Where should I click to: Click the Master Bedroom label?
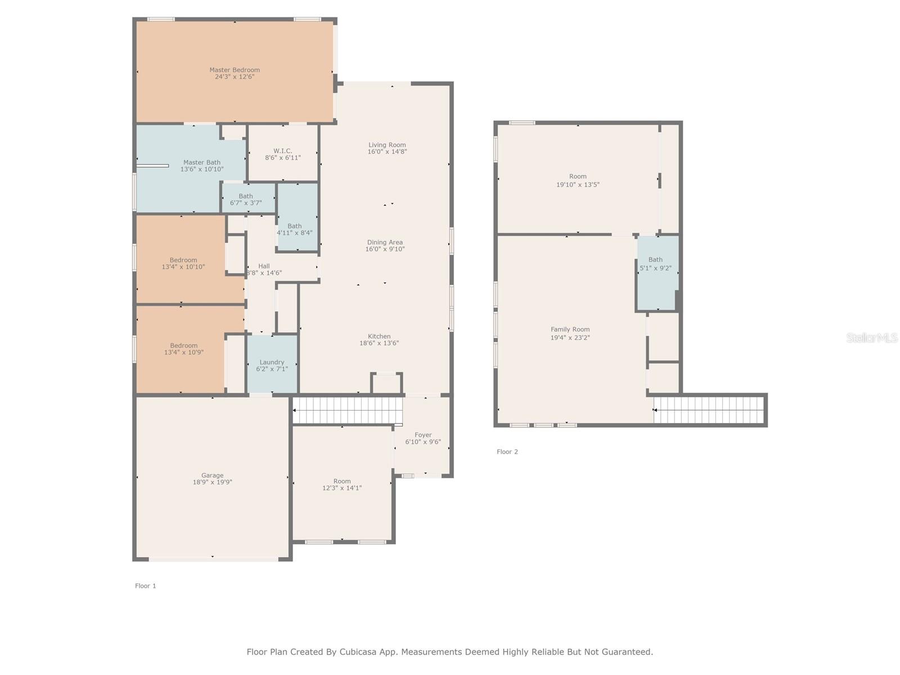(235, 70)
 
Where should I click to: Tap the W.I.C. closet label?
(282, 151)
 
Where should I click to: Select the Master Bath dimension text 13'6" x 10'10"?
(202, 169)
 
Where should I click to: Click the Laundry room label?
(272, 362)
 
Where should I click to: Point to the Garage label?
(213, 475)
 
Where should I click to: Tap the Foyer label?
(423, 435)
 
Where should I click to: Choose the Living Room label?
(387, 145)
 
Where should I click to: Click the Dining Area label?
(385, 242)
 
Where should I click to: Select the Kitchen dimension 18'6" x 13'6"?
(379, 343)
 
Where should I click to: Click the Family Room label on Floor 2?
(570, 329)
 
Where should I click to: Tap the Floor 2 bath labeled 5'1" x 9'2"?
(656, 264)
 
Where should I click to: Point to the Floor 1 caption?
(146, 586)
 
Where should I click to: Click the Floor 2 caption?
(507, 452)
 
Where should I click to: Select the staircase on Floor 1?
(347, 410)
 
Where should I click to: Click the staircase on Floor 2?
(709, 410)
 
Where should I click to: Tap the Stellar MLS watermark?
(872, 337)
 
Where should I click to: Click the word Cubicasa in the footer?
(358, 652)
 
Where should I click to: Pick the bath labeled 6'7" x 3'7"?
(246, 199)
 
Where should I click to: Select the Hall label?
(264, 266)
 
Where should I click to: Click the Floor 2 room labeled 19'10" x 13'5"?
(578, 181)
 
